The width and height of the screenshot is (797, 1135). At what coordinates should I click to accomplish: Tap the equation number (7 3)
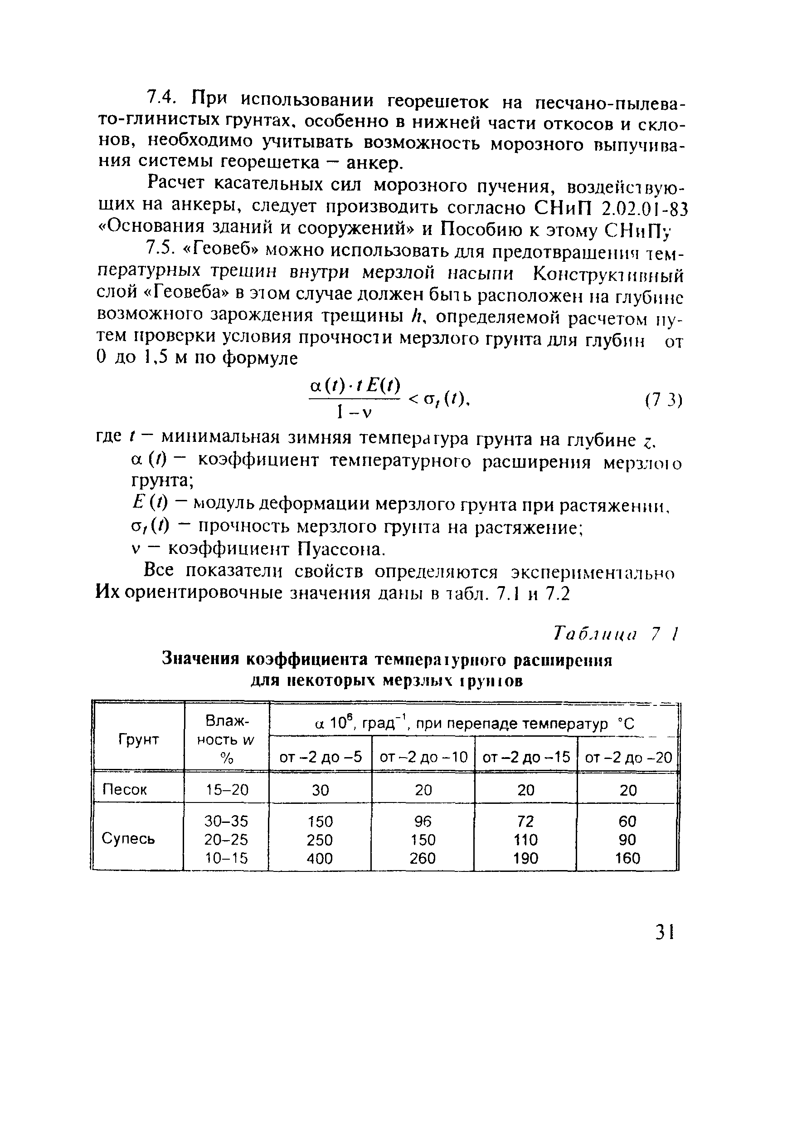click(663, 401)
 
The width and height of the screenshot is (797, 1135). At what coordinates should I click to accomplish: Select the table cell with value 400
click(320, 858)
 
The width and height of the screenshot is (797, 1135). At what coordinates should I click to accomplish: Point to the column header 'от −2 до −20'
click(628, 757)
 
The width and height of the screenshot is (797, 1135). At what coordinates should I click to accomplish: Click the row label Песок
click(125, 789)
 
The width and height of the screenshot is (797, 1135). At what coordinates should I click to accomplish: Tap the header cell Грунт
click(138, 739)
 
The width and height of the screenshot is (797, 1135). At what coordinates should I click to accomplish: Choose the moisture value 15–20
click(227, 790)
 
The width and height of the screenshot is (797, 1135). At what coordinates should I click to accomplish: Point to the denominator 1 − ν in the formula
click(353, 411)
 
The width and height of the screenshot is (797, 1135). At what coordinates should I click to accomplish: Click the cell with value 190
click(525, 858)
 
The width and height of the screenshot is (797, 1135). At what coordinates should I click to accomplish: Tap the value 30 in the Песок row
click(320, 790)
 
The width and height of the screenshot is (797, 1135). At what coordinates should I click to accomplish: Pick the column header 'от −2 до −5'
click(320, 757)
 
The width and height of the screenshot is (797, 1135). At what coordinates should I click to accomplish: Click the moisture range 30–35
click(227, 821)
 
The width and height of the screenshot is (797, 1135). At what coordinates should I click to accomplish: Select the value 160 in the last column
click(627, 858)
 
